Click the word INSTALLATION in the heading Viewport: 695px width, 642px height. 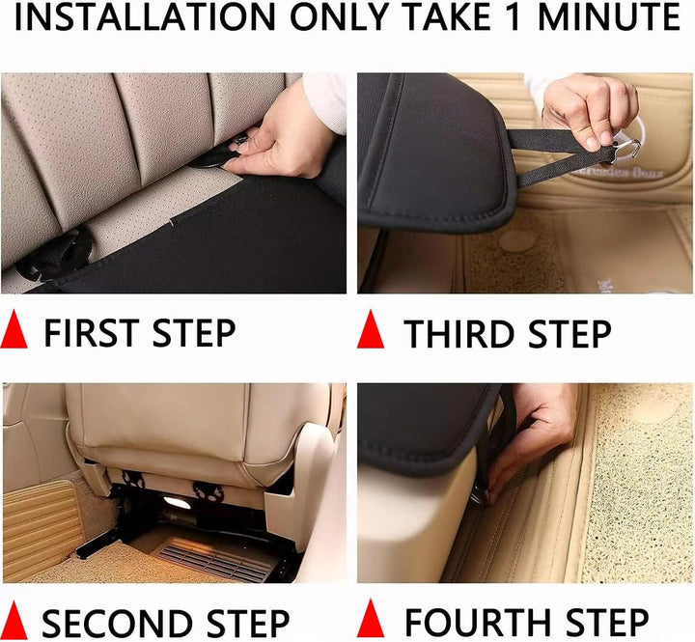(x=145, y=16)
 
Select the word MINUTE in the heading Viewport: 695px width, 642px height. (x=609, y=16)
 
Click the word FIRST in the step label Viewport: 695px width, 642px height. (x=92, y=333)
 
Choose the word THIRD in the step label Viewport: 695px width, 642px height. (x=459, y=333)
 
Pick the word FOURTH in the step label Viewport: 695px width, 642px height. (x=479, y=623)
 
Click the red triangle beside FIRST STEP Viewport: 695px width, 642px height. (x=14, y=329)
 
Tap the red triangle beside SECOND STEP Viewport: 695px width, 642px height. (x=14, y=620)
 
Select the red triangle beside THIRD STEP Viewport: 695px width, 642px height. (x=371, y=329)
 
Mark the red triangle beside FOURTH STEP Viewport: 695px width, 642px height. (x=371, y=618)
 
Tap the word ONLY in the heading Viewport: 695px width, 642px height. (x=340, y=16)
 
